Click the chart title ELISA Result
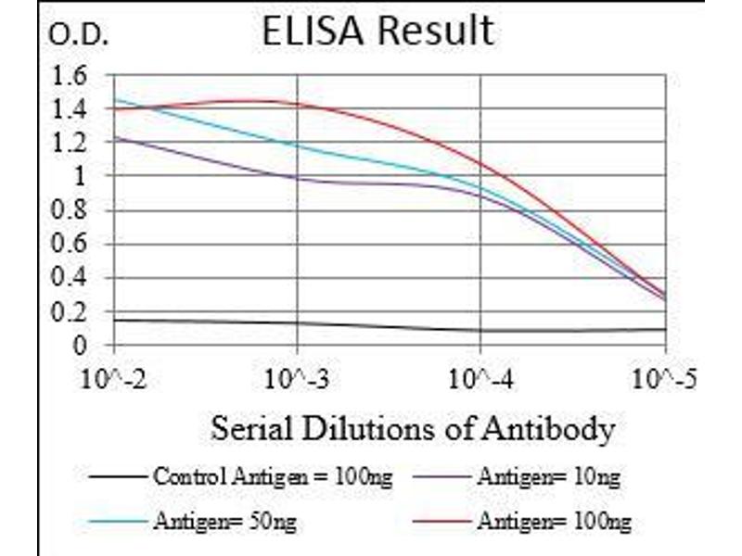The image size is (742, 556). point(377,31)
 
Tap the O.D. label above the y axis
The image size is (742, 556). point(78,36)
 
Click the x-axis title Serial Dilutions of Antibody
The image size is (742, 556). point(412,429)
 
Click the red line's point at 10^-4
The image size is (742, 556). point(480,164)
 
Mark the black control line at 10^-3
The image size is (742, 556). point(297,322)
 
